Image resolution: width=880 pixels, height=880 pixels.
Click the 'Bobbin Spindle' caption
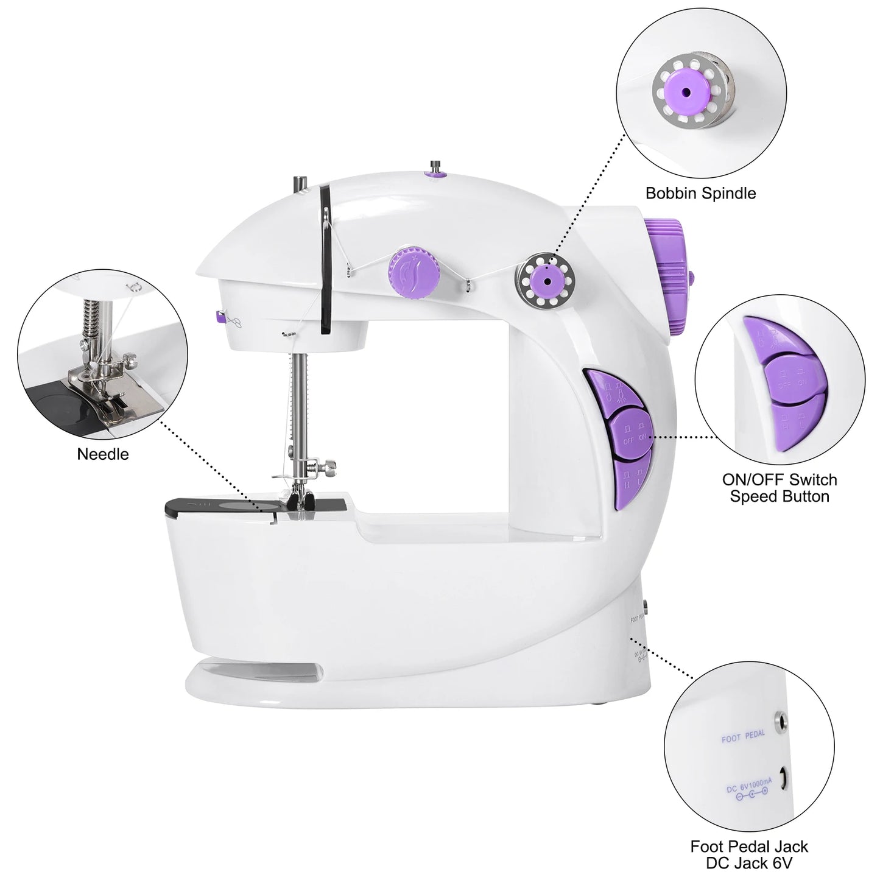coord(700,194)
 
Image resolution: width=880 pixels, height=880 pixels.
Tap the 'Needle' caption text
coord(103,454)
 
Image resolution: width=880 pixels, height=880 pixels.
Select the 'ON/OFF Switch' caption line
coord(780,480)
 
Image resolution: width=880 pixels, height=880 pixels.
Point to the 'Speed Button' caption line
coord(780,497)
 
